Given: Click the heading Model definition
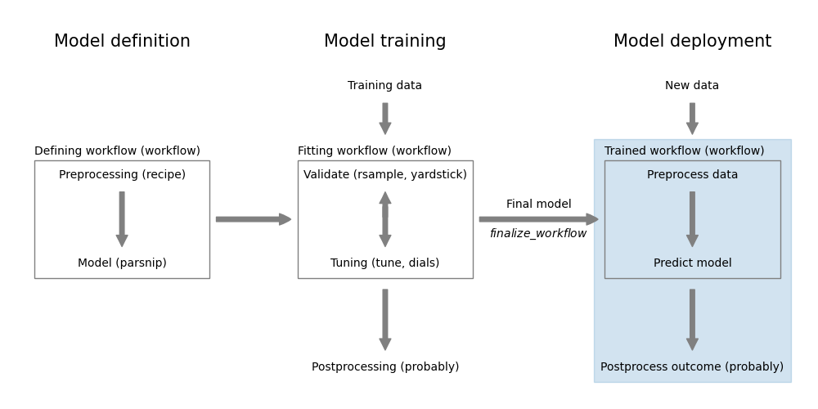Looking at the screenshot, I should click(x=122, y=42).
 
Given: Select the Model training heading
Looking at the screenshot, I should click(x=384, y=42).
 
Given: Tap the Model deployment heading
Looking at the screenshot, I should click(x=692, y=42).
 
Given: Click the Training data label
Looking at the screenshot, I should click(x=384, y=86).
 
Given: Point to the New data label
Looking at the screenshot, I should click(x=692, y=86).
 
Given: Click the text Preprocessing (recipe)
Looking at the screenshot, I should click(x=122, y=175).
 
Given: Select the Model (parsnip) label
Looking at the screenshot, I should click(x=122, y=263).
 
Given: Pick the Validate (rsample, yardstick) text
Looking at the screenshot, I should click(x=384, y=175).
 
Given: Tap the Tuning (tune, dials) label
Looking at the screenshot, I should click(x=384, y=263).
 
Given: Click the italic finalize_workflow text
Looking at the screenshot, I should click(x=538, y=234).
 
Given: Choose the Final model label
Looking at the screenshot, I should click(x=538, y=204).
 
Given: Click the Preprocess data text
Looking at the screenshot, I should click(x=692, y=175).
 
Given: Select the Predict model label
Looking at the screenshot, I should click(x=692, y=263).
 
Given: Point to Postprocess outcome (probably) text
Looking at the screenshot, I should click(x=692, y=367).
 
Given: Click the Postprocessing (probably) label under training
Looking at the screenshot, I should click(x=384, y=367).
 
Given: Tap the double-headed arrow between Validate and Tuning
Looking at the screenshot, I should click(x=384, y=219).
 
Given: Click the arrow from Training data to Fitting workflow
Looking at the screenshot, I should click(x=384, y=118).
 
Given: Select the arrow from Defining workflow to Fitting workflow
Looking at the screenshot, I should click(x=253, y=219).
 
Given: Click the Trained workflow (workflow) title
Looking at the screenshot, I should click(x=684, y=151).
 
